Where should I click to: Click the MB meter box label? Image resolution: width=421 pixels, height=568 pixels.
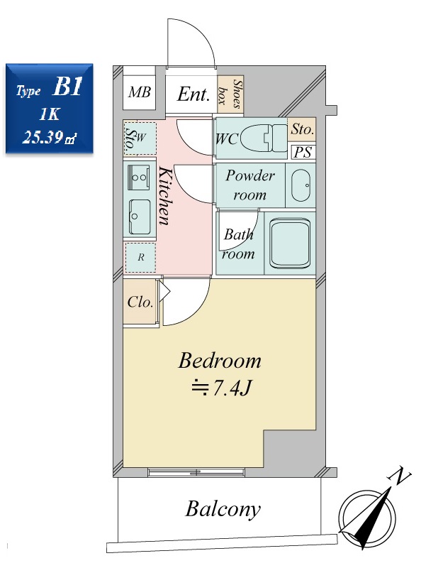(139, 92)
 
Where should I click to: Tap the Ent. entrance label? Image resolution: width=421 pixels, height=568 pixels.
(193, 94)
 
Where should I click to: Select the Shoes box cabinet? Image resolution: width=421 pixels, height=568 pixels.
(230, 95)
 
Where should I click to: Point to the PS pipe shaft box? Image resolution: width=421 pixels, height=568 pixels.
(303, 152)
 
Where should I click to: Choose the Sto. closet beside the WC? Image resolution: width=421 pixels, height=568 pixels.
(302, 129)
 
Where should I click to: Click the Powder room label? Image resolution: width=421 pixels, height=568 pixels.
(250, 185)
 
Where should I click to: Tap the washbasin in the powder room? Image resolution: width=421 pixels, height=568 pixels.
(301, 185)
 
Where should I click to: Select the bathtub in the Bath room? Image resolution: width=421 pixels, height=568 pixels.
(291, 244)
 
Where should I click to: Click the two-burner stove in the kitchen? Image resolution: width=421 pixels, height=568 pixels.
(139, 177)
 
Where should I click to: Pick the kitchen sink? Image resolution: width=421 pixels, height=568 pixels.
(139, 217)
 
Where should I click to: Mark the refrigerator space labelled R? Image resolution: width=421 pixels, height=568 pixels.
(140, 258)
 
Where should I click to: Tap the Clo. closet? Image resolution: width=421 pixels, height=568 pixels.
(140, 303)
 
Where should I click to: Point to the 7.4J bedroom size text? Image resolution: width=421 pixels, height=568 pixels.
(221, 388)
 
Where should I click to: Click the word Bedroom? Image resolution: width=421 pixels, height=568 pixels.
(220, 361)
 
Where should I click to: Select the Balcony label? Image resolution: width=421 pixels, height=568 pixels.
(223, 510)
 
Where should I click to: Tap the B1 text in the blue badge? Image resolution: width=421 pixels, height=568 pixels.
(67, 87)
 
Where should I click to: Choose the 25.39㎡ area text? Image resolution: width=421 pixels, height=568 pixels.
(50, 137)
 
